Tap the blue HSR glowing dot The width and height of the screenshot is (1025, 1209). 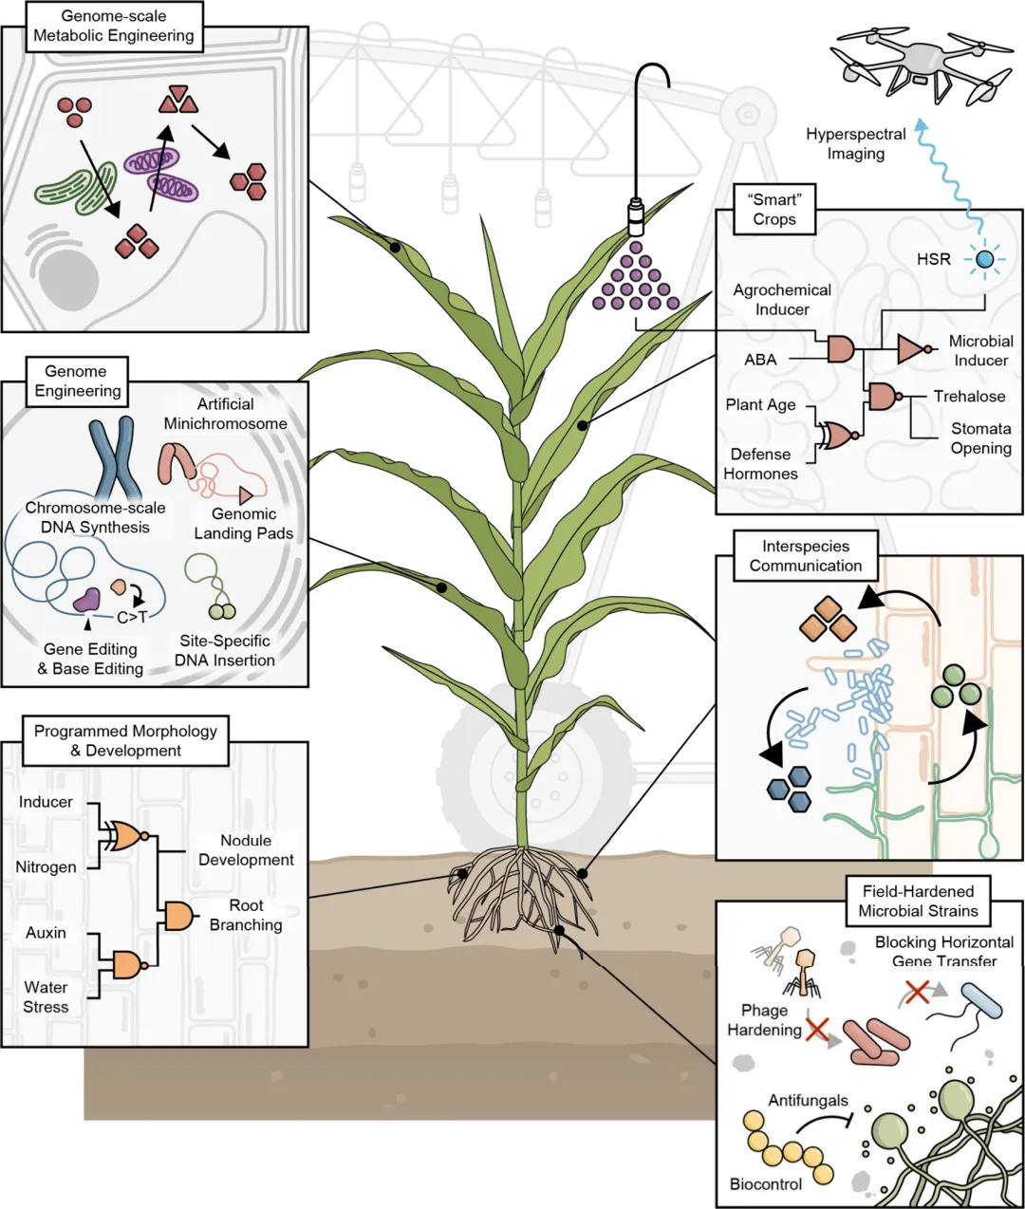pyautogui.click(x=985, y=258)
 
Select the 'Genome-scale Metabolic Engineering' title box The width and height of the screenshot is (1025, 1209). pyautogui.click(x=114, y=27)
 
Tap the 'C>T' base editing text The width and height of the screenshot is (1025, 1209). pyautogui.click(x=132, y=618)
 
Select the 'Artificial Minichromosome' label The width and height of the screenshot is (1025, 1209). pyautogui.click(x=225, y=414)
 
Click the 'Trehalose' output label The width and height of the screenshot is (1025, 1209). pyautogui.click(x=969, y=396)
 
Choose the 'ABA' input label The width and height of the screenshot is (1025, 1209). pyautogui.click(x=760, y=360)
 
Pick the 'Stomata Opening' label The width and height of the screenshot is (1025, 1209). pyautogui.click(x=980, y=438)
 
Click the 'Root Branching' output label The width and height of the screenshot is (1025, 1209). pyautogui.click(x=246, y=915)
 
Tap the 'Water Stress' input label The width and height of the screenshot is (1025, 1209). pyautogui.click(x=46, y=997)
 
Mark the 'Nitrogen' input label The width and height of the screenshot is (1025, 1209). pyautogui.click(x=46, y=866)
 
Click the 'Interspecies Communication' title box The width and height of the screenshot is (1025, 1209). pyautogui.click(x=806, y=556)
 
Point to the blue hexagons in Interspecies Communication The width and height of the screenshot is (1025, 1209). pyautogui.click(x=790, y=788)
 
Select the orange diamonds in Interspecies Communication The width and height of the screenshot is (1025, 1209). pyautogui.click(x=828, y=619)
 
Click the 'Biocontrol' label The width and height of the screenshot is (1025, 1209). pyautogui.click(x=765, y=1183)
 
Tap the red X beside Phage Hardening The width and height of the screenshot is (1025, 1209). pyautogui.click(x=817, y=1028)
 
